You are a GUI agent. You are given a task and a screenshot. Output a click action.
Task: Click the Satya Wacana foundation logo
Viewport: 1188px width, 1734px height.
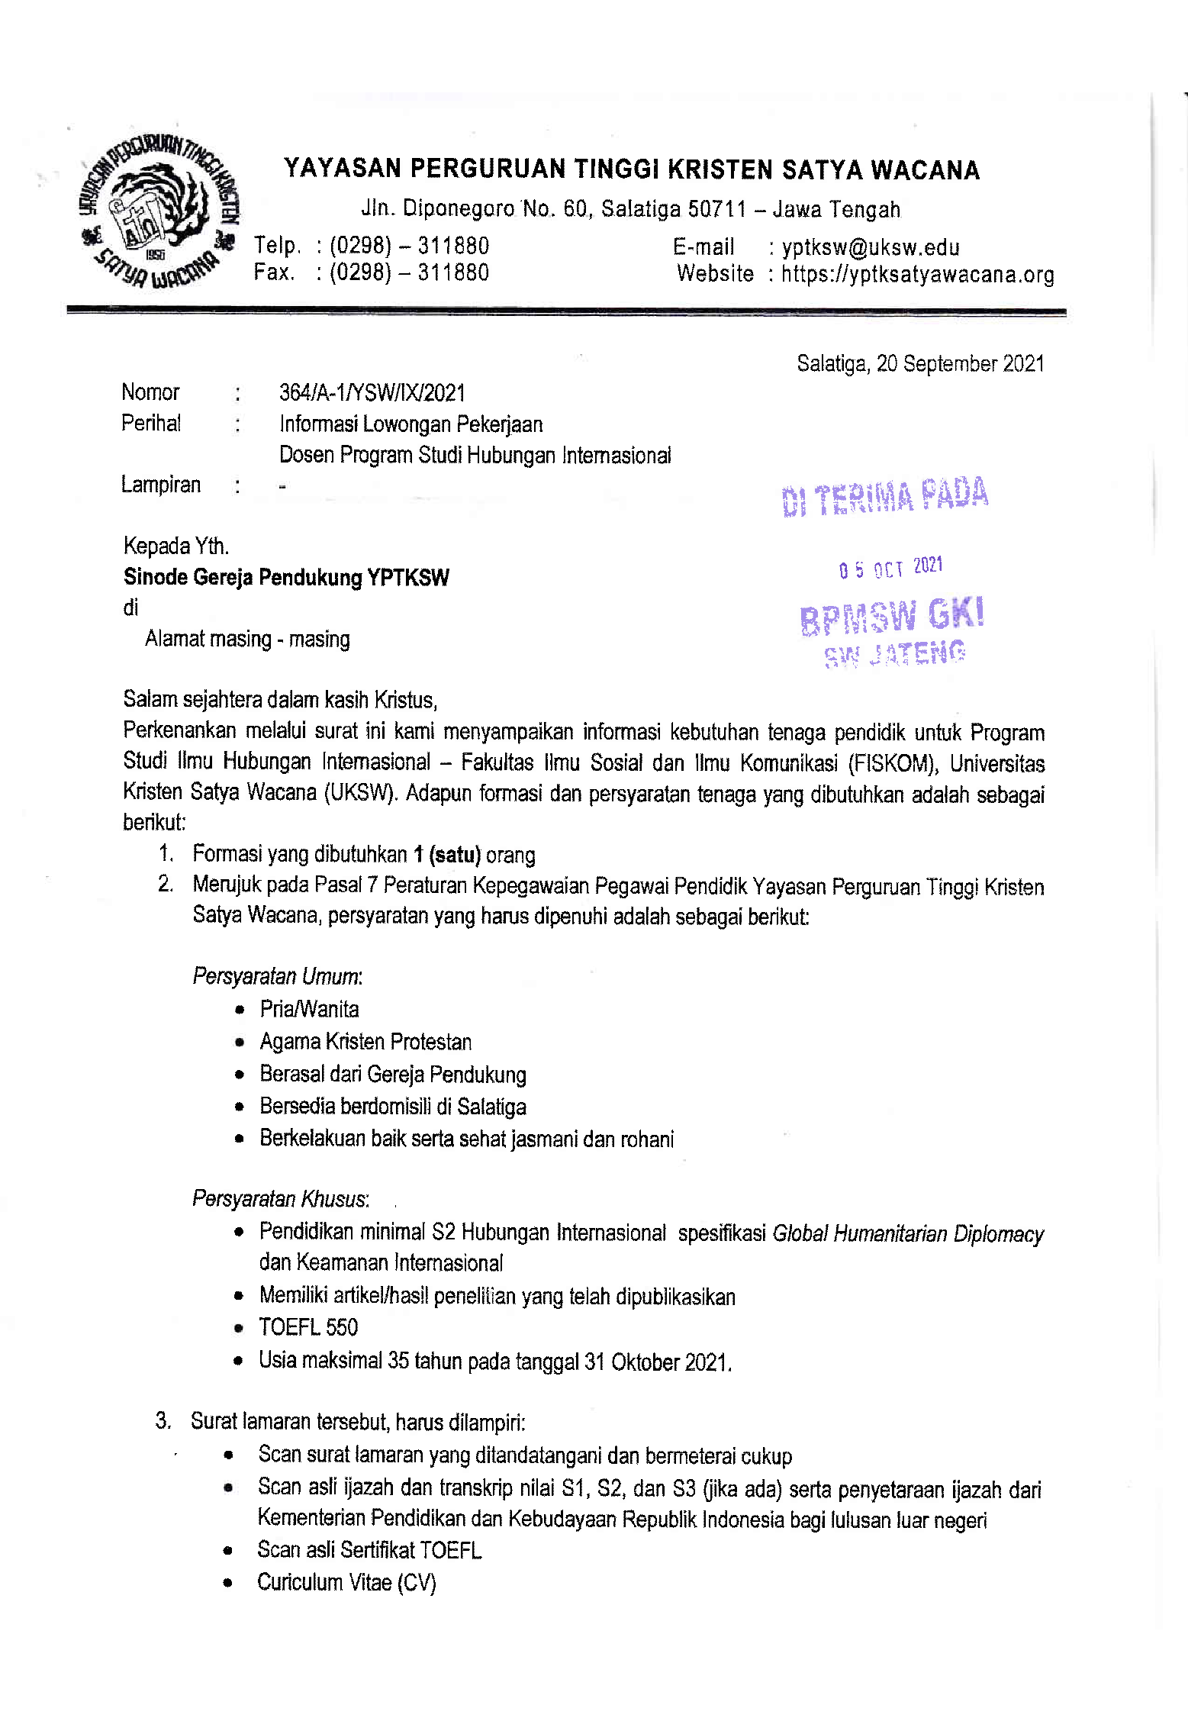(159, 216)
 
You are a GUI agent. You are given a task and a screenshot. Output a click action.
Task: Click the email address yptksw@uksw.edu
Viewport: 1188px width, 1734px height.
(870, 247)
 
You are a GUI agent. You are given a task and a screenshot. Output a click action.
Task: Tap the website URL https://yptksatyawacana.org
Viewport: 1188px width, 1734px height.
(917, 275)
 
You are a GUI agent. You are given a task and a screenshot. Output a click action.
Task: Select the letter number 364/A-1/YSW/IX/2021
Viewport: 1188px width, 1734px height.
(372, 393)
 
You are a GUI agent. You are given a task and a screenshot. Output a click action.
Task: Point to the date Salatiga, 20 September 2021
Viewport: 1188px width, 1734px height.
(920, 364)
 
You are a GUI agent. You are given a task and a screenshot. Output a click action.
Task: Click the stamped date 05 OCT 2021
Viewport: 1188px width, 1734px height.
(890, 568)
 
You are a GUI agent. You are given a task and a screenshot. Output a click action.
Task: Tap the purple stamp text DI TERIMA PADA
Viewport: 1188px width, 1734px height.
(885, 498)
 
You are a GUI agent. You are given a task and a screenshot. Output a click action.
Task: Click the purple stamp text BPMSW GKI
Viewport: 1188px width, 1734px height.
(892, 616)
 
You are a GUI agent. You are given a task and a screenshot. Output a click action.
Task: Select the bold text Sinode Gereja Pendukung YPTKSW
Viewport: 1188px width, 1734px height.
(286, 577)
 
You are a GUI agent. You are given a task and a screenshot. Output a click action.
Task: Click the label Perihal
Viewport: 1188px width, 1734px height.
(151, 424)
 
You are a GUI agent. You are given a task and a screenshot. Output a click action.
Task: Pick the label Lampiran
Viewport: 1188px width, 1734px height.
(160, 485)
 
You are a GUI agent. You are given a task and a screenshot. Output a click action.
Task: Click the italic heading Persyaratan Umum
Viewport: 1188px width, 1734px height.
(277, 977)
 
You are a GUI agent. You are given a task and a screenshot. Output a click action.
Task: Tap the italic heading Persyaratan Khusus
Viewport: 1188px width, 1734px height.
(280, 1199)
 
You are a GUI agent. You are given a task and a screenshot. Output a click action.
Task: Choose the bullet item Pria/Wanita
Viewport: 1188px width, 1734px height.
(309, 1010)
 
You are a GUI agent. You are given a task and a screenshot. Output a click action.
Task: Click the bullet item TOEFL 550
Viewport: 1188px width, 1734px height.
(308, 1327)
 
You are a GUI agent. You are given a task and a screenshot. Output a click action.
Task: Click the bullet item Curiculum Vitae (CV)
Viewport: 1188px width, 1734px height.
(346, 1582)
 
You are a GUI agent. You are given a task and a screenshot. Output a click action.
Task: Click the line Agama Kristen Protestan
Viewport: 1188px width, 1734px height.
(365, 1042)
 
